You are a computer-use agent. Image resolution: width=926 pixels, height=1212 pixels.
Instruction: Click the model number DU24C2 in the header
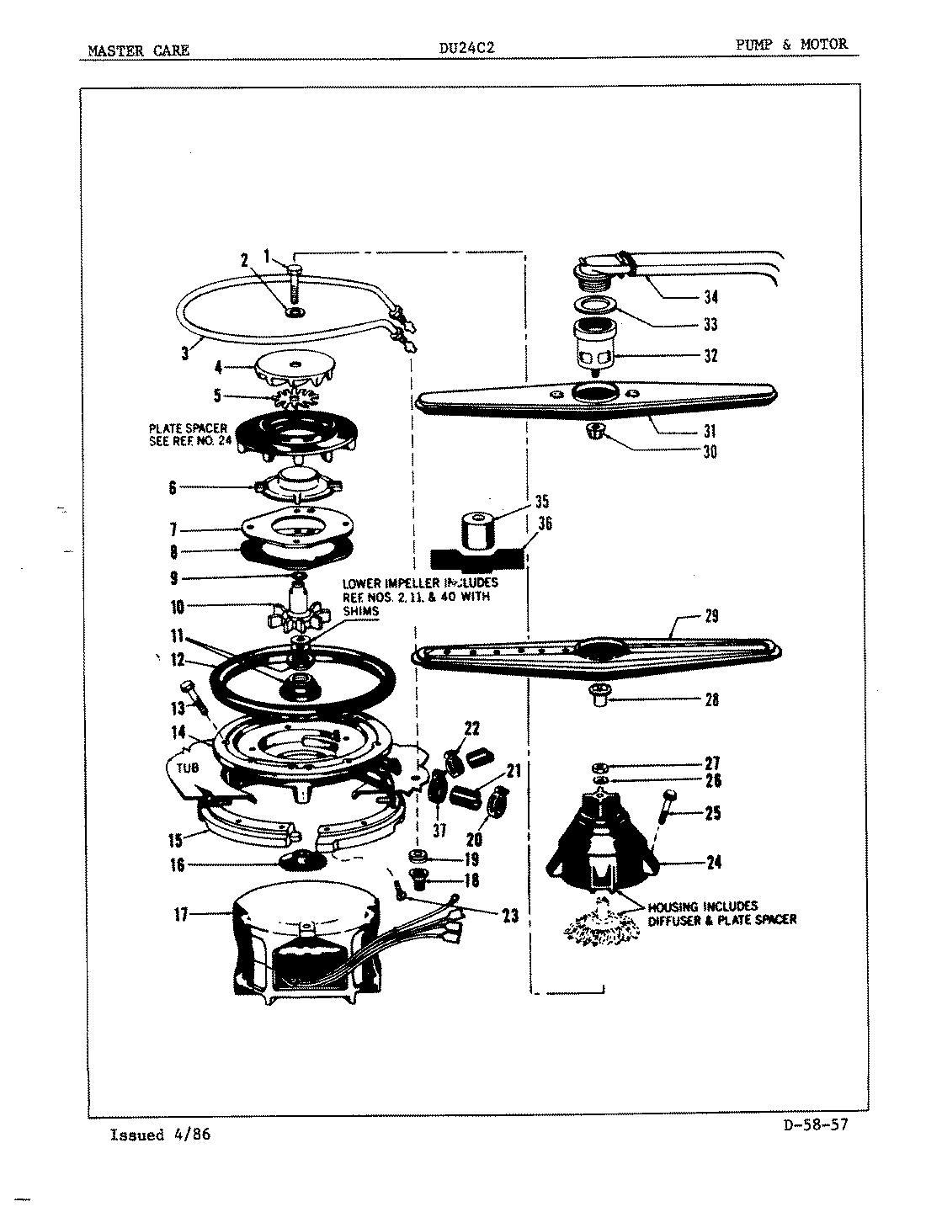point(466,49)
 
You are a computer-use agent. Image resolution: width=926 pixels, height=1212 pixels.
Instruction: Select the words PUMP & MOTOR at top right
point(792,45)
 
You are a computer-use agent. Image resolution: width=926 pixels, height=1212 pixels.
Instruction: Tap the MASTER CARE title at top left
point(139,50)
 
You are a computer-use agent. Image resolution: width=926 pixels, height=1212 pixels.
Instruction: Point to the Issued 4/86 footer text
point(160,1135)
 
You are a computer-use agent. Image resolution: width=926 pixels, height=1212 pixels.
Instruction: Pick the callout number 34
point(710,296)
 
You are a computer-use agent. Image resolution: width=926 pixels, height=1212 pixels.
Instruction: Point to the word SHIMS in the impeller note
point(360,612)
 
